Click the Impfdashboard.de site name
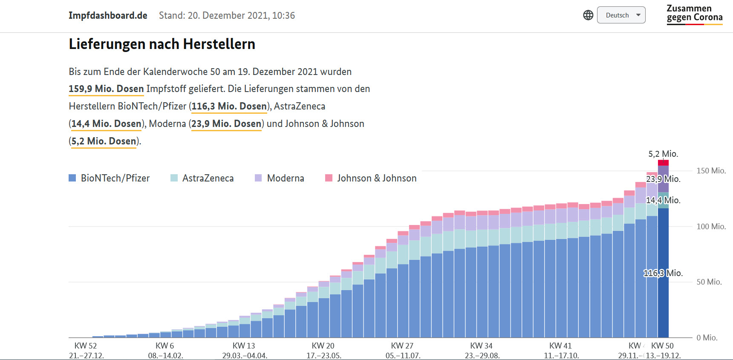108,15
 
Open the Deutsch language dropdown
621,15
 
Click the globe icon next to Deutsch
588,15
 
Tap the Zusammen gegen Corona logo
694,14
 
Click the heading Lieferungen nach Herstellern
162,44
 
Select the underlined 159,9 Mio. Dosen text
106,89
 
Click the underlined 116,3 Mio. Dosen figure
229,106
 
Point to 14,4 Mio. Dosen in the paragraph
106,124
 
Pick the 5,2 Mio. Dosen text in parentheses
104,141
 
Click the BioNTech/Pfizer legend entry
109,178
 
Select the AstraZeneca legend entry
202,178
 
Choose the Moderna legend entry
280,178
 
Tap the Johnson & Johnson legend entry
371,178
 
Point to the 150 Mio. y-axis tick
711,170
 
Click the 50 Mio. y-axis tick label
709,282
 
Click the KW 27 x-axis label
402,346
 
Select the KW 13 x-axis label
244,346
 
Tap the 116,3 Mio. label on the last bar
663,273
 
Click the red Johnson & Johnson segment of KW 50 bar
663,163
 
